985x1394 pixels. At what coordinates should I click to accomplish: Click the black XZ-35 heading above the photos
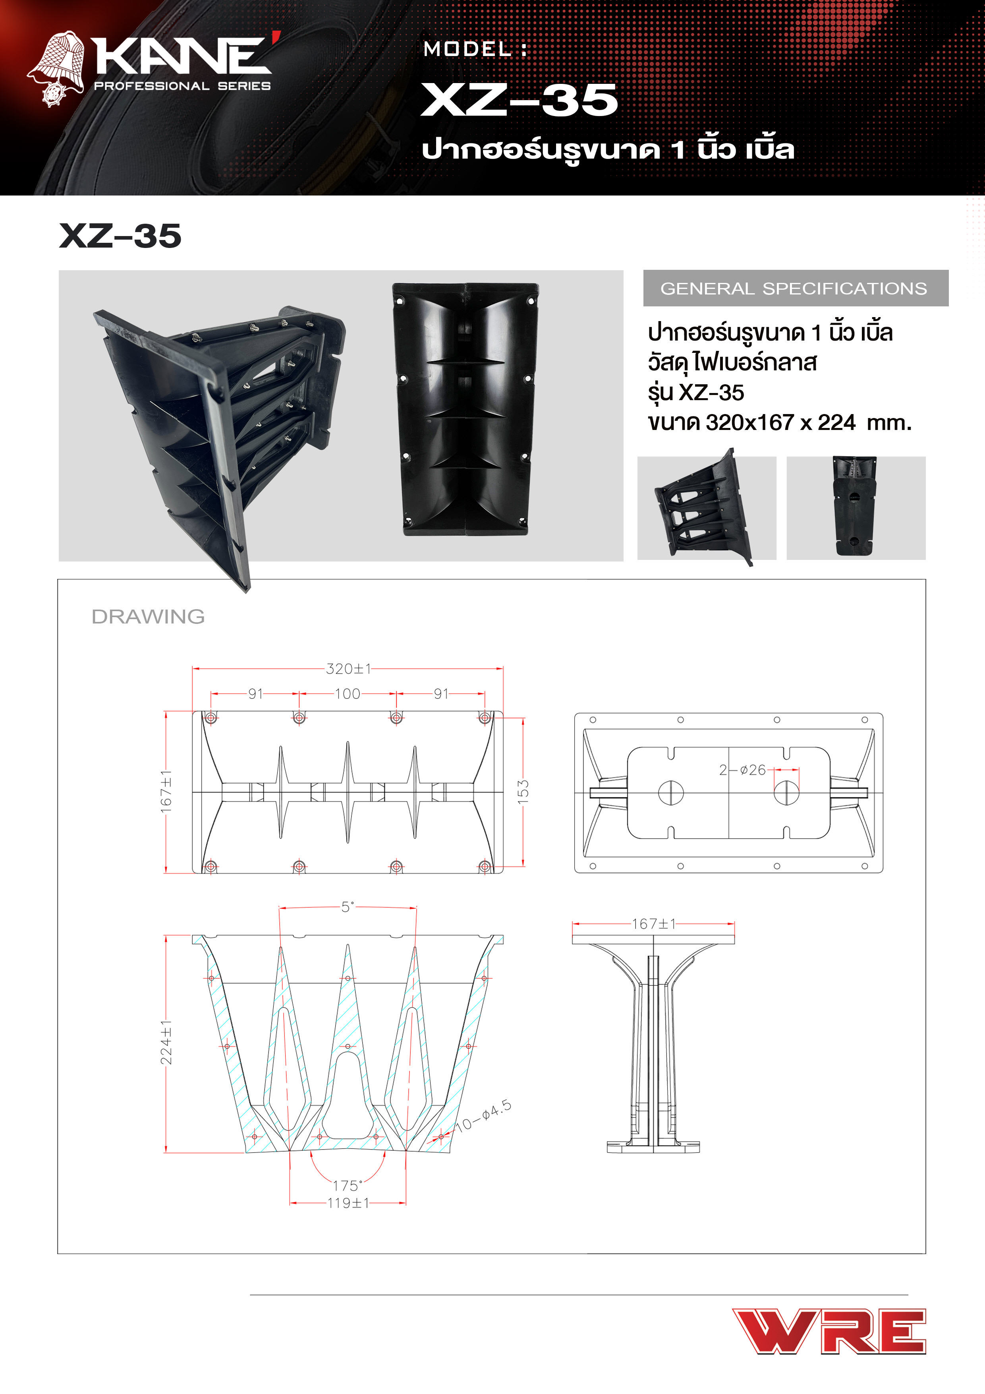(x=120, y=236)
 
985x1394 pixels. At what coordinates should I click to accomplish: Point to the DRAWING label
(x=148, y=616)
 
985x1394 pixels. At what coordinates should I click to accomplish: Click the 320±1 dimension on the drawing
(x=348, y=668)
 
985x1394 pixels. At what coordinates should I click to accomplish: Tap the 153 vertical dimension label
(x=523, y=792)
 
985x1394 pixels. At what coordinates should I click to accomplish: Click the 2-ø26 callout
(x=742, y=770)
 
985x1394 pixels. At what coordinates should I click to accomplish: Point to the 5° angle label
(x=347, y=906)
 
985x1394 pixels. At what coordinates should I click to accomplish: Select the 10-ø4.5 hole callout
(x=484, y=1116)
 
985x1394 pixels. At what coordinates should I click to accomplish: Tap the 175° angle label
(x=347, y=1185)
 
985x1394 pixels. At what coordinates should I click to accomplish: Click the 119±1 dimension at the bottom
(x=348, y=1203)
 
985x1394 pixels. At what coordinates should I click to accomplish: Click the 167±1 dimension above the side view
(x=653, y=924)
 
